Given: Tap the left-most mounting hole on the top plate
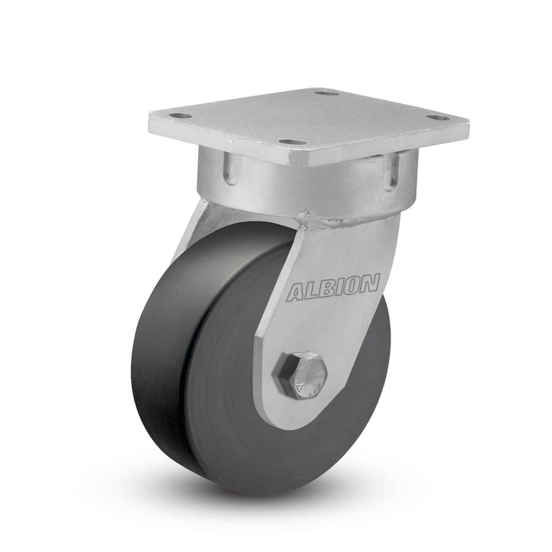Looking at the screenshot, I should click(x=178, y=117).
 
